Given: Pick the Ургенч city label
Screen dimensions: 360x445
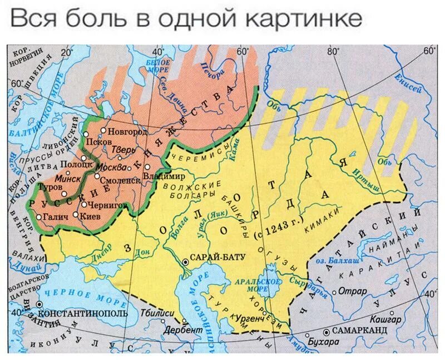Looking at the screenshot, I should point(249,321).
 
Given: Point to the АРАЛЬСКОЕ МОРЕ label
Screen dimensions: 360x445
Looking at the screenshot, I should point(266,285).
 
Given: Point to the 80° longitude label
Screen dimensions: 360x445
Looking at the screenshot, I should point(333,51).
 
